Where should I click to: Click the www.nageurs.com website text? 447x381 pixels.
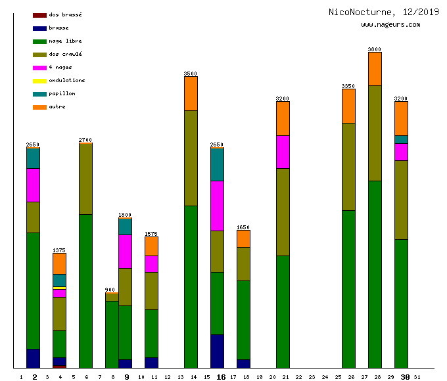point(390,25)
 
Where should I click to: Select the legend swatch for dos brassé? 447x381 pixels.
point(39,15)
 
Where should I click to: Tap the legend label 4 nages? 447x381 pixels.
point(60,68)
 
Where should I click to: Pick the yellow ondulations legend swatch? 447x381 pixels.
point(39,81)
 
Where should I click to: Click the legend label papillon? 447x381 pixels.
point(62,94)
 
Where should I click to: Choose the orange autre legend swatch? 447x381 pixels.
point(39,107)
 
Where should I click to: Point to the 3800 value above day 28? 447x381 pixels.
point(375,49)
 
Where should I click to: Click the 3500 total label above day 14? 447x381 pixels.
point(191,74)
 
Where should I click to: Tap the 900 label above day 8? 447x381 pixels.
point(110,290)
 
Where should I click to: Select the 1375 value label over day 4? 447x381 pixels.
point(59,250)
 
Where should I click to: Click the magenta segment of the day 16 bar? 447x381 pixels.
point(217,206)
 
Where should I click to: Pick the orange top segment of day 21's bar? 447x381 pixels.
point(283,119)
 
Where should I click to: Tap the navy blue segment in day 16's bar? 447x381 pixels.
point(217,351)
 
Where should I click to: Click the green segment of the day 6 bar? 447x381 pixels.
point(85,291)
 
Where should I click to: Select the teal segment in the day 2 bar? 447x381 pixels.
point(33,158)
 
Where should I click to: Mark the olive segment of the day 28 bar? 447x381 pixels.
point(375,133)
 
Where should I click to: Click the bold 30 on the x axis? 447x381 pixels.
point(406,377)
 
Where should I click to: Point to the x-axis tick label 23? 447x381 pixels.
point(312,377)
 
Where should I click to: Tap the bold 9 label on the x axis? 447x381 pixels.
point(127,377)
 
